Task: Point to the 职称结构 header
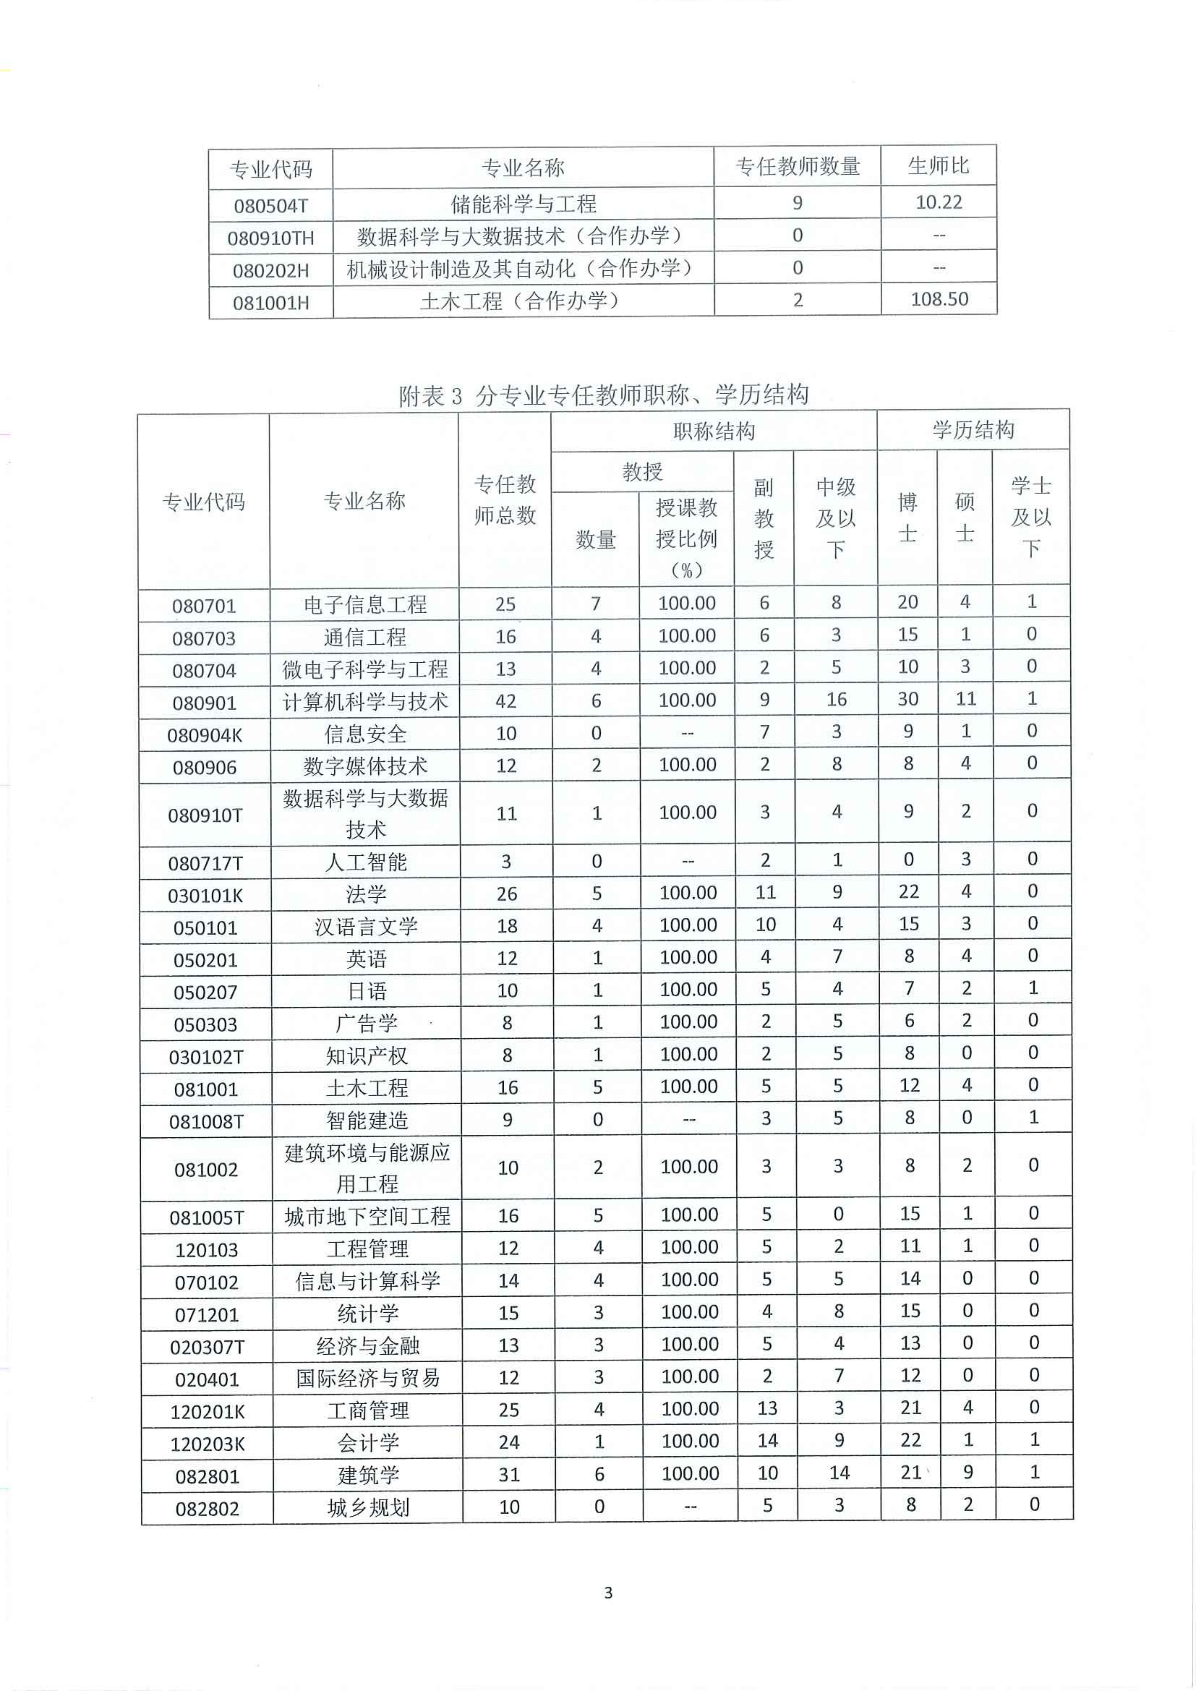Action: click(714, 431)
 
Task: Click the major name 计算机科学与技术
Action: click(365, 701)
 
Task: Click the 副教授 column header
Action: click(764, 518)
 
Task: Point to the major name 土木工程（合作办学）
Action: click(523, 301)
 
